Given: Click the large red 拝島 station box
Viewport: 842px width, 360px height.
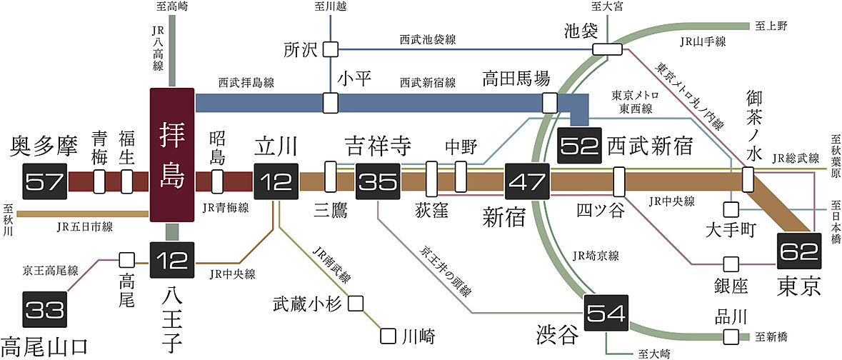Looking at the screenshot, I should point(171,154).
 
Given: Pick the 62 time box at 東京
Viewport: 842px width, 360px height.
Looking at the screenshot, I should point(798,251).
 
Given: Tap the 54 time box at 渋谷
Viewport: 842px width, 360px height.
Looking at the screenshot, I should point(606,312).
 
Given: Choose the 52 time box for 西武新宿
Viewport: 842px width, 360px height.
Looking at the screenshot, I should point(580,146).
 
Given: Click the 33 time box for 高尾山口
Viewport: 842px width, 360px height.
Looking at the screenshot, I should point(45,309).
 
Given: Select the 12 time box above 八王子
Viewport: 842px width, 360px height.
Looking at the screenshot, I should point(171,260).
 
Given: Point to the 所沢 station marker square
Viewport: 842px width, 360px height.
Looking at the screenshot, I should point(330,49).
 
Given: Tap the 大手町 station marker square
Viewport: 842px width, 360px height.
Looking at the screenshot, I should point(730,210).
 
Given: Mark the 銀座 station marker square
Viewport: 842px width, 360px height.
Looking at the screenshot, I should point(730,264).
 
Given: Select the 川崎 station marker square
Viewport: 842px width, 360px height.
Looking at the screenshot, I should point(389,334).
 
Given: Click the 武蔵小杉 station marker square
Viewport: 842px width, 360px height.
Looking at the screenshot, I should point(356,303).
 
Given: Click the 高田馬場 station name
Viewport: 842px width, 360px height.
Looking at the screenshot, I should point(515,77).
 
